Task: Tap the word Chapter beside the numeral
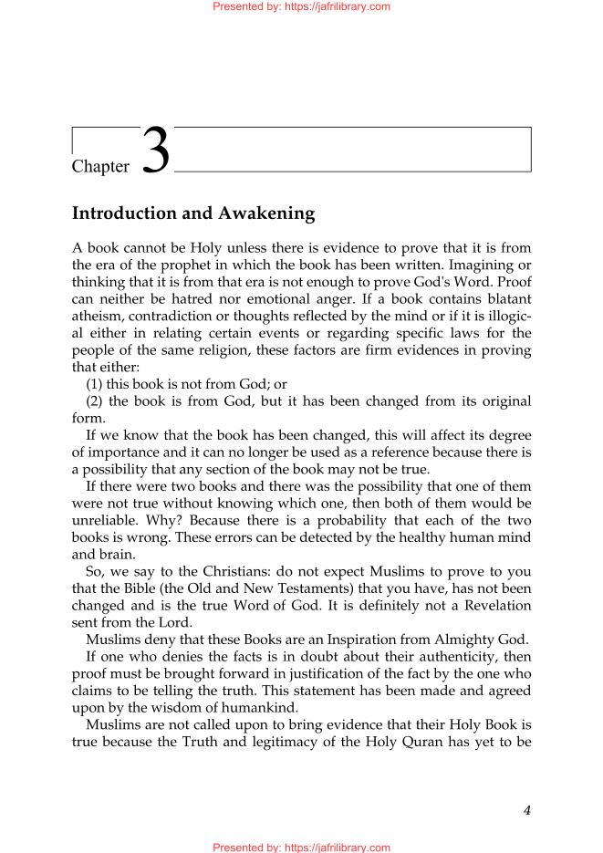100,166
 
